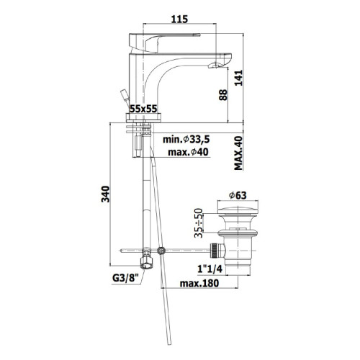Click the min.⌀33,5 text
tap(187, 140)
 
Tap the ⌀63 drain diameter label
tap(239, 194)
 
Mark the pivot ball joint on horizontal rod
tap(162, 251)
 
